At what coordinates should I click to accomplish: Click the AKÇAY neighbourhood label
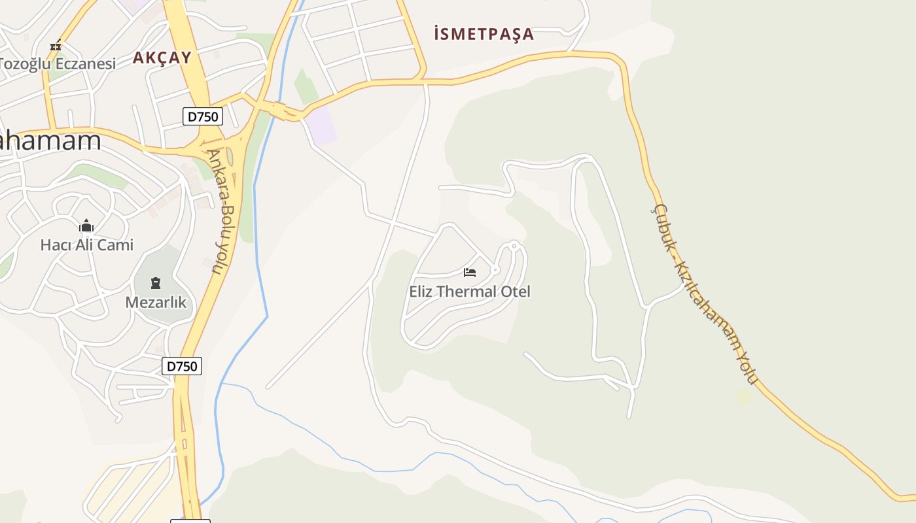coord(162,58)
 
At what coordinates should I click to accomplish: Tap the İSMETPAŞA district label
coord(484,34)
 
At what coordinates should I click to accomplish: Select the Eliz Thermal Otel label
coord(470,292)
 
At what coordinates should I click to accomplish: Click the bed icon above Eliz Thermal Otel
coord(470,272)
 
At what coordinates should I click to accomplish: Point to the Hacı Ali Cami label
coord(86,245)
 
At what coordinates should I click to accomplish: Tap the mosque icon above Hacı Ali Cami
coord(86,226)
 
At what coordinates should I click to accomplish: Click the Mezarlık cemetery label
coord(156,303)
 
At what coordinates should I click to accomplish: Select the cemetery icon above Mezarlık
coord(156,283)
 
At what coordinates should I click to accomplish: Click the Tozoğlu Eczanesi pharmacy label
coord(58,64)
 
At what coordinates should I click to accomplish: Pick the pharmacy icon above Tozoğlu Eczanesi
coord(56,45)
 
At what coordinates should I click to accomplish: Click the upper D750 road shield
coord(203,117)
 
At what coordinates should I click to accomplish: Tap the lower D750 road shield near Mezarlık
coord(182,366)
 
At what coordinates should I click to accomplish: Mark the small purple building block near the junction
coord(321,126)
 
